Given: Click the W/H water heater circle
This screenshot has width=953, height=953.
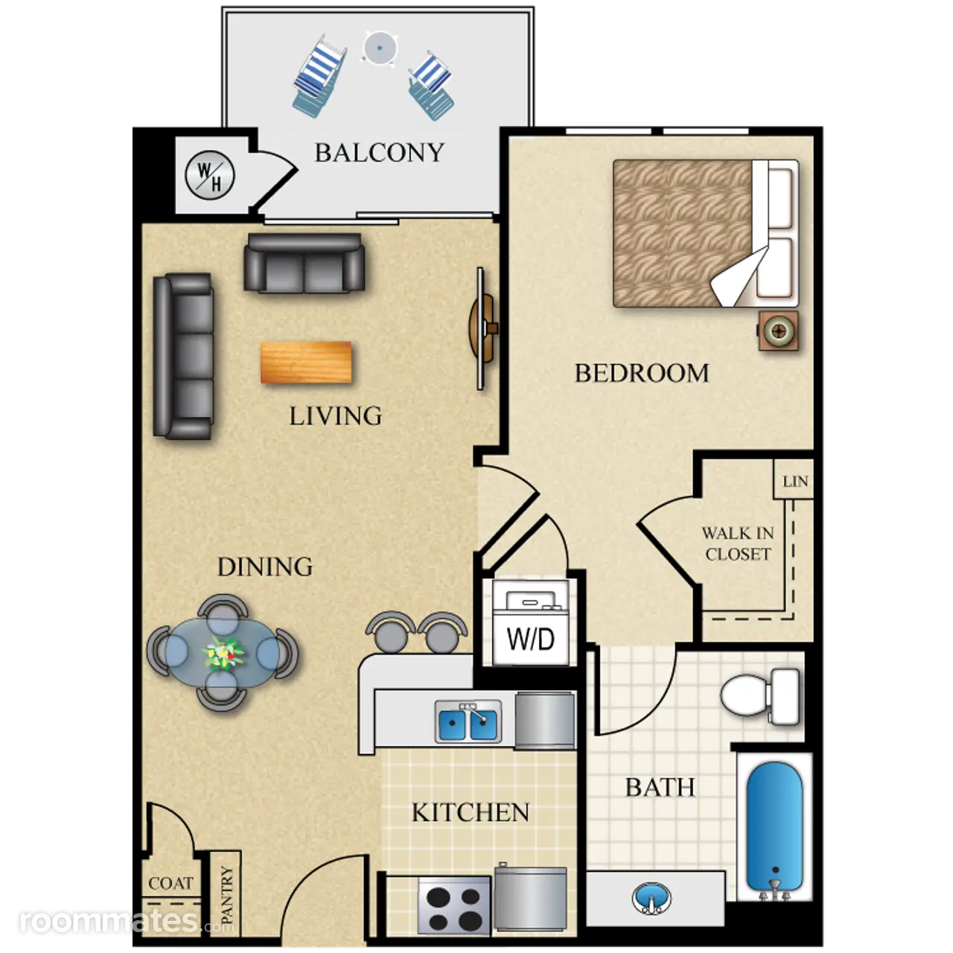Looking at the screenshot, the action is (210, 175).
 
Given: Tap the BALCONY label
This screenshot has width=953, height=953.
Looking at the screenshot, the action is (379, 153).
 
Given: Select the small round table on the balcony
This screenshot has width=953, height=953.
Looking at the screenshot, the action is (379, 48).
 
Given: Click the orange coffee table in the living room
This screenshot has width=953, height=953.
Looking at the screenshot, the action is (306, 363).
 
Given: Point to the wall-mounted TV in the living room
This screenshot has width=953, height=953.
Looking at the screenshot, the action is (482, 328).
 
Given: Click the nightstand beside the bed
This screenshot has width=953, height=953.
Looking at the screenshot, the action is (779, 331).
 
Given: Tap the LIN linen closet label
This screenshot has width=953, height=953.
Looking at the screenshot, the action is (795, 481).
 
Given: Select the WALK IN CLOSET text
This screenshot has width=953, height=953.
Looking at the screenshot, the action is (738, 544).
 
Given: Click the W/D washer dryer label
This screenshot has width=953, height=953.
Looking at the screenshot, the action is (531, 640).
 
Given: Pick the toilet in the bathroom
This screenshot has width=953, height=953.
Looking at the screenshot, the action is (759, 696).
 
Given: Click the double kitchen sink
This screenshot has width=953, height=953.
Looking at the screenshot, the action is (468, 721).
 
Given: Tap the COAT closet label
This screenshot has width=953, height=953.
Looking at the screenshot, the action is (170, 883).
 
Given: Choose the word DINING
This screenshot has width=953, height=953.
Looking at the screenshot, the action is (265, 567).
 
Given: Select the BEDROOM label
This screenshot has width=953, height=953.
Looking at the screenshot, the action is (642, 373).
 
